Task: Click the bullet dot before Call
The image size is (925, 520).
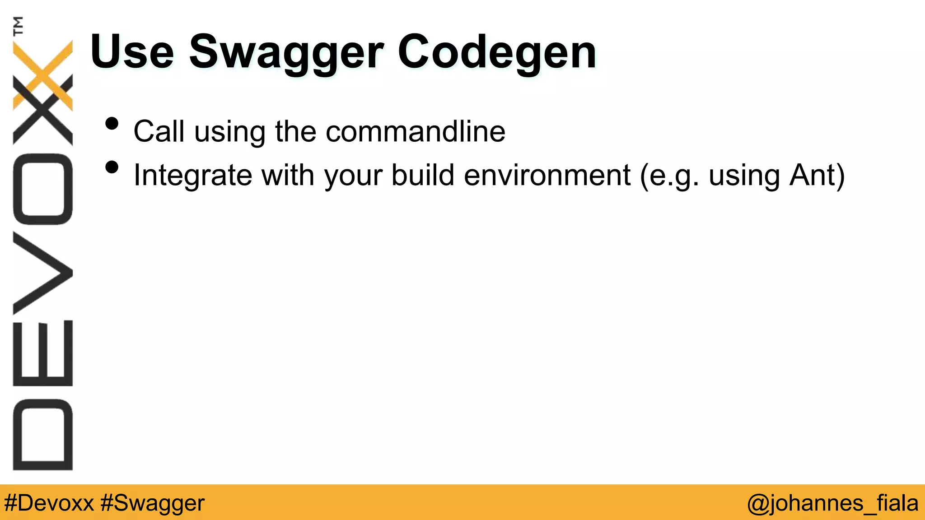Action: [x=112, y=124]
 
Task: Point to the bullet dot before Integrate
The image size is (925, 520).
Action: [x=112, y=167]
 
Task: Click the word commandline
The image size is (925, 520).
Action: [x=415, y=131]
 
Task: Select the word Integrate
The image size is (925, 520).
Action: [x=192, y=175]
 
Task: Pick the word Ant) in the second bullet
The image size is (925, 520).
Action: [x=817, y=175]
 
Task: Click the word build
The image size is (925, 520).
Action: [x=422, y=175]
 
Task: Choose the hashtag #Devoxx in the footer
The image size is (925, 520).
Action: [x=49, y=503]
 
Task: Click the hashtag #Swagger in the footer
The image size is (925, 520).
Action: [x=153, y=503]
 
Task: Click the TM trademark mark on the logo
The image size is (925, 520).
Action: [x=19, y=26]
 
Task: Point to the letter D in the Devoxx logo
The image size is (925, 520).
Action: [x=43, y=434]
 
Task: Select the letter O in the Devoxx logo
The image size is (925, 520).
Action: [x=43, y=189]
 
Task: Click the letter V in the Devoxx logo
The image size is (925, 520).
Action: [x=43, y=273]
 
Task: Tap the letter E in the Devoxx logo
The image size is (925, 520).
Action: [x=43, y=353]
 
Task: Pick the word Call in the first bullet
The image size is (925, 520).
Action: [x=159, y=131]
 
